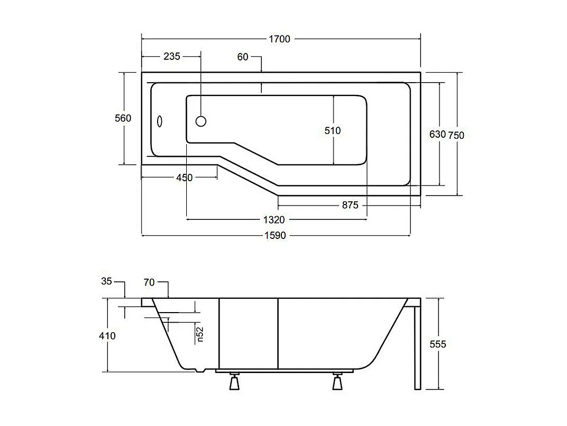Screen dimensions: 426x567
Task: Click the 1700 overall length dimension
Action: click(x=280, y=39)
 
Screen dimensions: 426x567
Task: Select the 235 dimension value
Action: click(x=172, y=56)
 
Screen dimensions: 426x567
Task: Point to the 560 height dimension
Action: click(x=123, y=118)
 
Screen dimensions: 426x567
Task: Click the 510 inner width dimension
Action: click(x=333, y=130)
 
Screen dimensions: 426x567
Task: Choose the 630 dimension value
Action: click(x=437, y=135)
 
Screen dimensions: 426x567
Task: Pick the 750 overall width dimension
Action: click(x=456, y=135)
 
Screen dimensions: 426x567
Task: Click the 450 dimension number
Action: click(x=184, y=177)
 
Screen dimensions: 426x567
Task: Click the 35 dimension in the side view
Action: click(x=107, y=281)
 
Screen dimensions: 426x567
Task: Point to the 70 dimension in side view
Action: click(x=149, y=282)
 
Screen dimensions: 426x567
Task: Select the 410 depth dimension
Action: click(x=107, y=335)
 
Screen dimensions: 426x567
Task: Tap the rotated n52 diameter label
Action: click(x=200, y=335)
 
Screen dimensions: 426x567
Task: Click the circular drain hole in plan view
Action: click(x=201, y=121)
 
